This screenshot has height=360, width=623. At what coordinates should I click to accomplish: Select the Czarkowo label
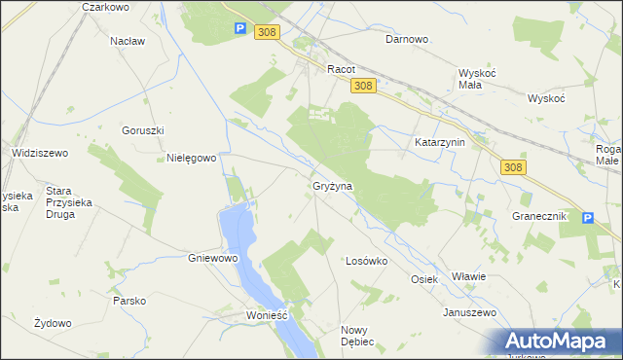[x=106, y=7]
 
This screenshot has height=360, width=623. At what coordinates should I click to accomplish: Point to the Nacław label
[x=128, y=41]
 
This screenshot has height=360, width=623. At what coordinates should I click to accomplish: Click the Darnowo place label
[x=407, y=40]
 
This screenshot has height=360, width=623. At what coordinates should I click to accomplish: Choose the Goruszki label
[x=142, y=130]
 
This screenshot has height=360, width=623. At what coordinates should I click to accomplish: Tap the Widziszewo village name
[x=39, y=153]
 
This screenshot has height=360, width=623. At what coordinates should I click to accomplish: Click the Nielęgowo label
[x=191, y=158]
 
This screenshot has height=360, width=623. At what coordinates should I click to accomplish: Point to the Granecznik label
[x=538, y=216]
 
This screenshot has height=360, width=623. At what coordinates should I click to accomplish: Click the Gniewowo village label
[x=212, y=259]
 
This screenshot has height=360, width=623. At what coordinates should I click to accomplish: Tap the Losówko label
[x=367, y=261]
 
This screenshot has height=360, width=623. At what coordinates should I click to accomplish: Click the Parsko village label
[x=128, y=301]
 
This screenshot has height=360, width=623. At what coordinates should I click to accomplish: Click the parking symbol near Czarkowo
[x=239, y=30]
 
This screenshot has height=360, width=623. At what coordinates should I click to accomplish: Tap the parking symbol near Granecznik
[x=587, y=218]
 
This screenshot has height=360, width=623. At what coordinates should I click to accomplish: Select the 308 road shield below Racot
[x=362, y=87]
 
